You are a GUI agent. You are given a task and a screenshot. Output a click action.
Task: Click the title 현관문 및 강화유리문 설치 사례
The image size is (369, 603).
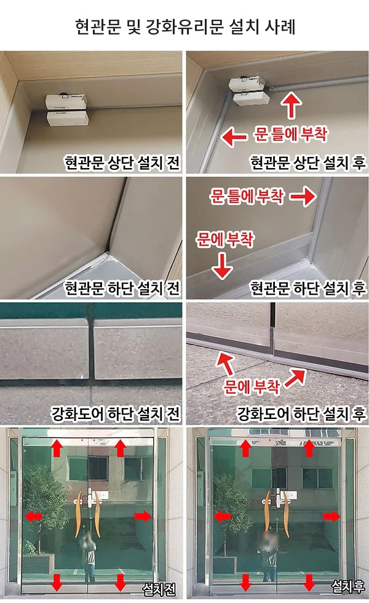[185, 26]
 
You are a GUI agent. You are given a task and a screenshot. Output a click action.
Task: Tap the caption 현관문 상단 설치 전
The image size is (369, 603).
[122, 162]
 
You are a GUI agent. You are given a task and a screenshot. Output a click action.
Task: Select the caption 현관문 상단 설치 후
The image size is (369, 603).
[308, 162]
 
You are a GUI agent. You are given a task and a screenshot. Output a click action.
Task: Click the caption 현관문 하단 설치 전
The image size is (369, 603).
[122, 288]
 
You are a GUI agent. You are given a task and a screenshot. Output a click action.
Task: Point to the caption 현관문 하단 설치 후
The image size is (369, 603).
[308, 288]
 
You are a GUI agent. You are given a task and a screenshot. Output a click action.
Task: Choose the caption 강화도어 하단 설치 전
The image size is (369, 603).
[116, 413]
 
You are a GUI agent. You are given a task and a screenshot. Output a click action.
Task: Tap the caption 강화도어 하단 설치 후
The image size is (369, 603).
[301, 413]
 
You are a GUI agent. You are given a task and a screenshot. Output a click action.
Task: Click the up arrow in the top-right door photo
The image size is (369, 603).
[292, 106]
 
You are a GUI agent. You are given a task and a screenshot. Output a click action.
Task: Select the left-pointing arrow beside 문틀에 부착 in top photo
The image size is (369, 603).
[234, 137]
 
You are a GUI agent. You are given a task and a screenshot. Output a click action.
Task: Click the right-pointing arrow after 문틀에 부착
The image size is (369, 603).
[303, 197]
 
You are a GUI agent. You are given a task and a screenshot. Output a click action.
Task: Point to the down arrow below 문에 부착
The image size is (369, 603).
[223, 265]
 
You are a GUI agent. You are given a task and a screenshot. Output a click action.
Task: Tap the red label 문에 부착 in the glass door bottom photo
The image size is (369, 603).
[252, 386]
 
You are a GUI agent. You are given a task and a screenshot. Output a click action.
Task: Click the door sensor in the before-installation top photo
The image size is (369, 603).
[68, 110]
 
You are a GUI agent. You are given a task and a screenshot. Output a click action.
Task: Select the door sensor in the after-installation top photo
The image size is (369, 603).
[249, 91]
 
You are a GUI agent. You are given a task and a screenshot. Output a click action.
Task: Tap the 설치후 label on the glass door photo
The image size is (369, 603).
[348, 586]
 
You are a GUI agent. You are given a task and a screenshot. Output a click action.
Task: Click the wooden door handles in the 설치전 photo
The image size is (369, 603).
[88, 514]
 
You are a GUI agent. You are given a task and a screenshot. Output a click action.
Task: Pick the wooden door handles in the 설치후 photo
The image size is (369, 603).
[276, 514]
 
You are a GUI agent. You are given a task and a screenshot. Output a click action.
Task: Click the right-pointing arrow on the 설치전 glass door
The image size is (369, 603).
[143, 516]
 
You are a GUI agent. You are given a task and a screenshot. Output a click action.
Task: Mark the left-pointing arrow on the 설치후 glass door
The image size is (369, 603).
[222, 516]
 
